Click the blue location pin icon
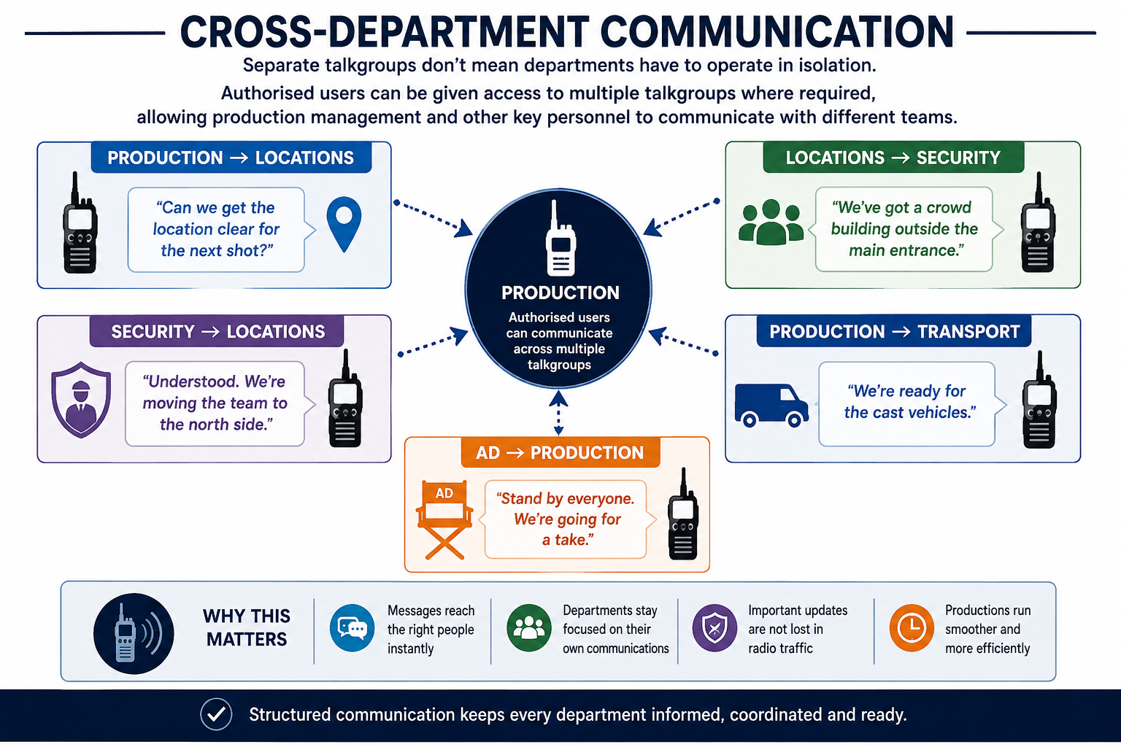(344, 223)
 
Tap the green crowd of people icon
(771, 222)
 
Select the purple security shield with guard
(81, 400)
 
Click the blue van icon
(771, 406)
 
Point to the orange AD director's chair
(444, 519)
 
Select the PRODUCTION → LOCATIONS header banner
(231, 158)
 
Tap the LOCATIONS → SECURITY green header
(893, 158)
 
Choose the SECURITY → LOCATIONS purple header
(217, 331)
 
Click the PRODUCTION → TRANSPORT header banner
(894, 331)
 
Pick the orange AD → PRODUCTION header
(560, 452)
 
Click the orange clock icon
(912, 628)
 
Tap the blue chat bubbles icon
(352, 628)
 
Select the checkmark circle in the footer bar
(216, 714)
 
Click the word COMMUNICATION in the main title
(777, 31)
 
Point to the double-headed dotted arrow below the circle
(558, 412)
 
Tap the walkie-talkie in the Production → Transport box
(1039, 400)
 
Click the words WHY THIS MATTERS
(247, 627)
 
